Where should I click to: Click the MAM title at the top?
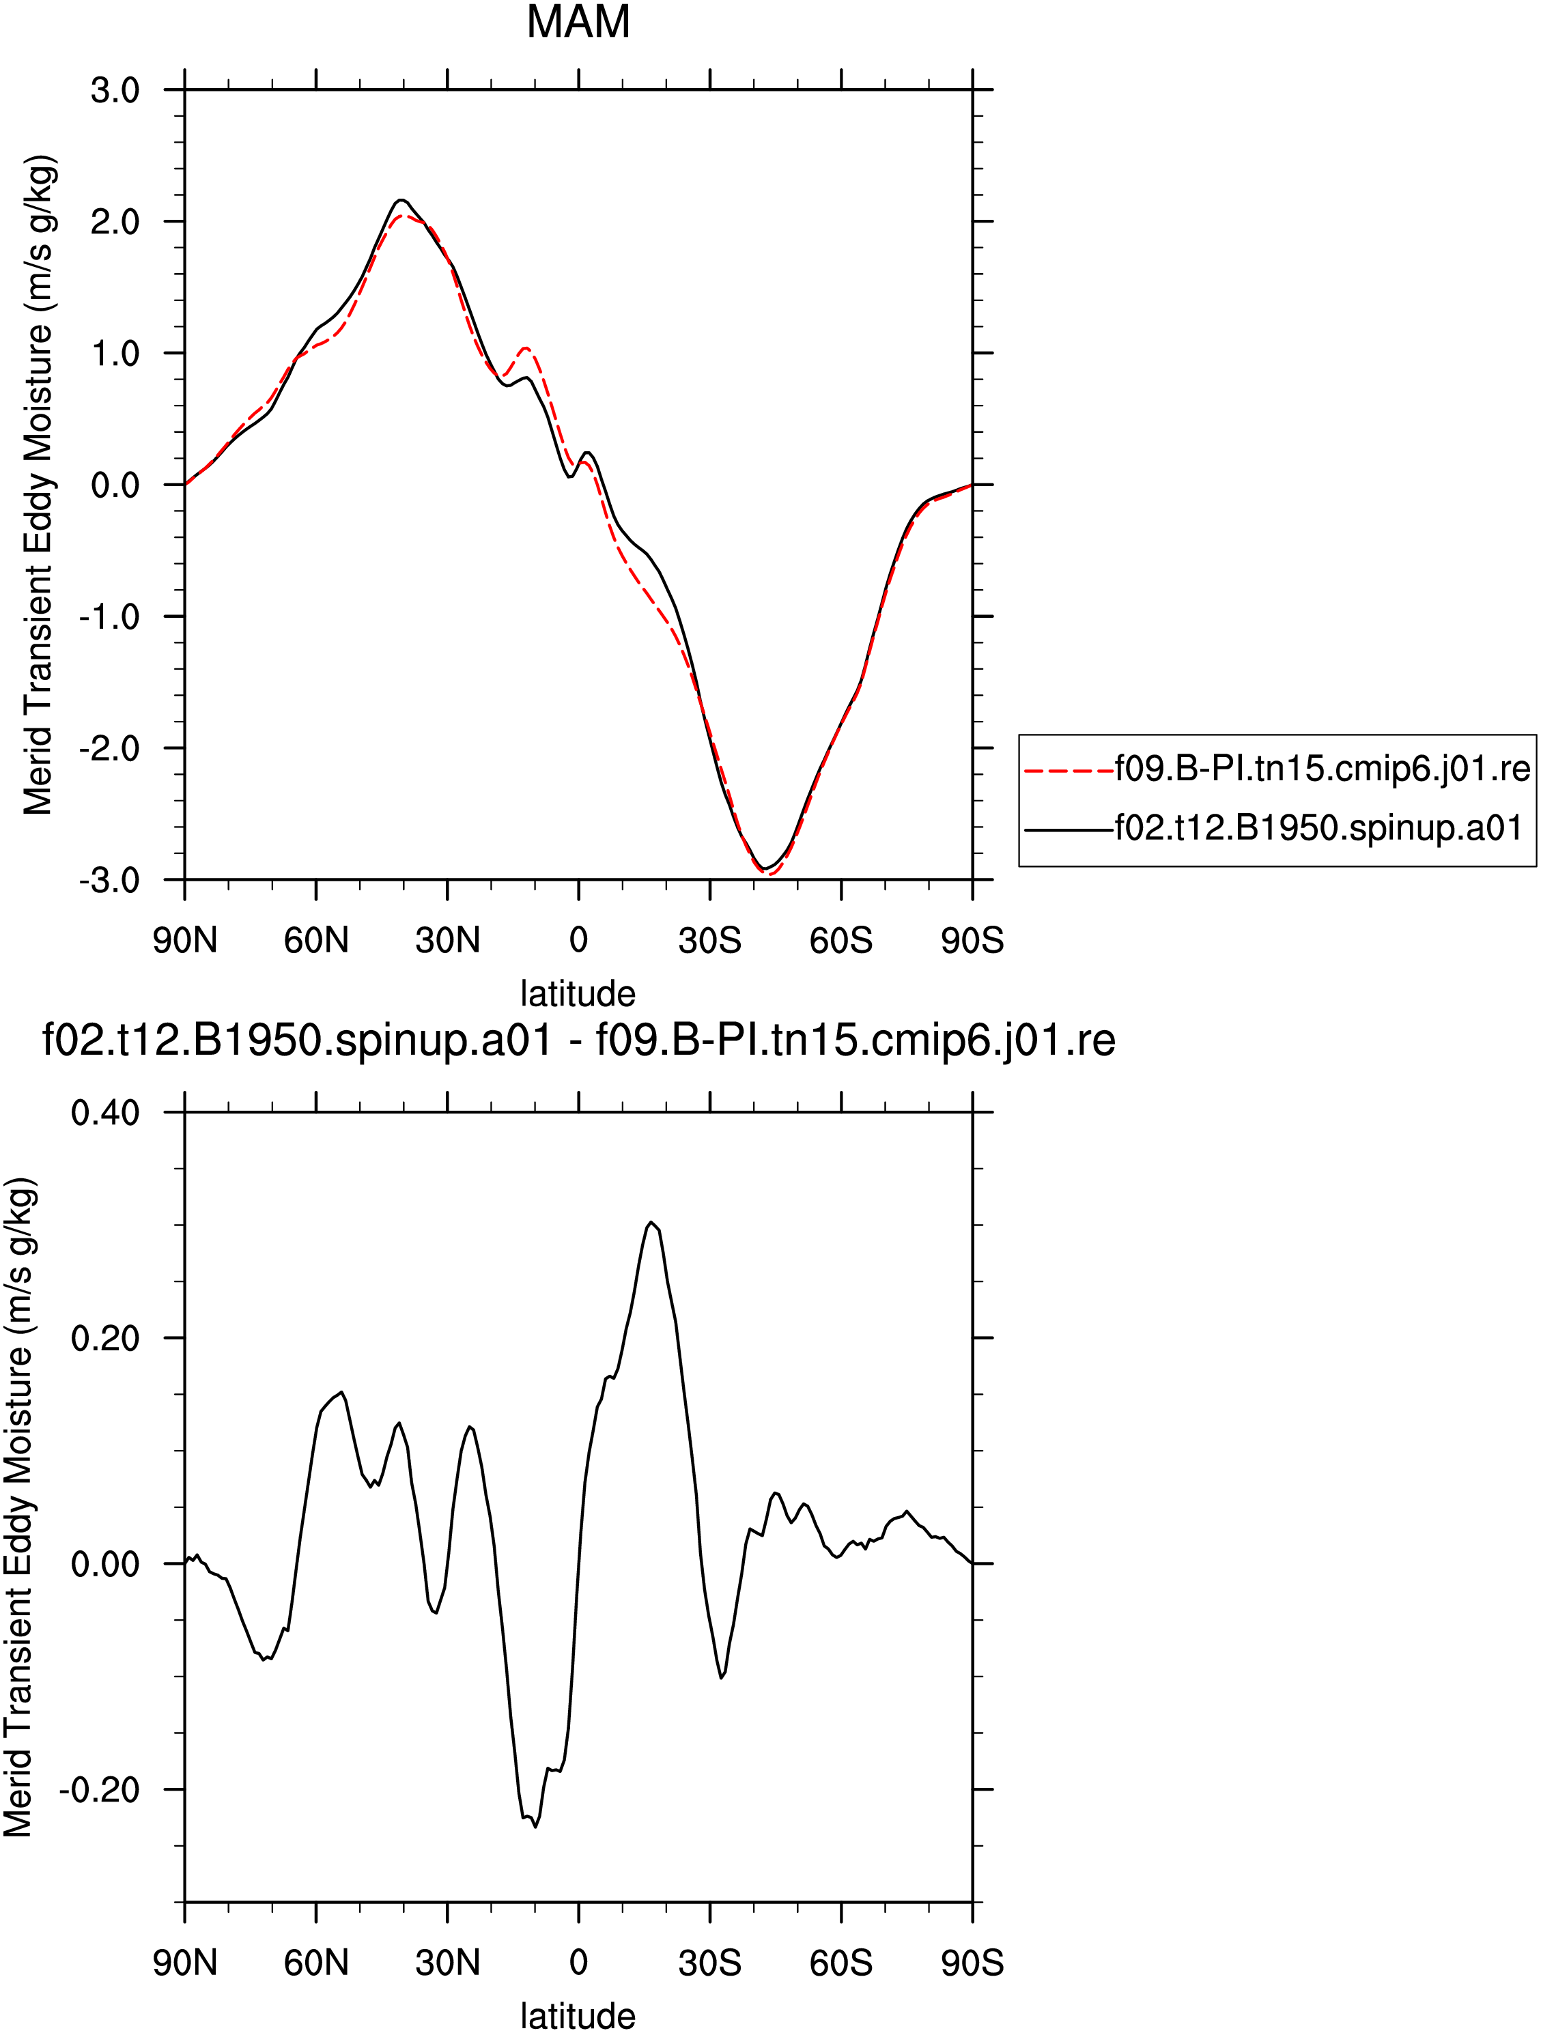578,21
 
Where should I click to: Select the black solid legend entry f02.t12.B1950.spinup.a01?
1273,828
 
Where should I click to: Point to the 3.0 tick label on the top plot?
115,91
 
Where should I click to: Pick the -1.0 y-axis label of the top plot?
109,616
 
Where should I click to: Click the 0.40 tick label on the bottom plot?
106,1113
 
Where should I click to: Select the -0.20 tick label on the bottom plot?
99,1789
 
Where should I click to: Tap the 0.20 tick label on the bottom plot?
106,1338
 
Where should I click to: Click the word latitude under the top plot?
578,993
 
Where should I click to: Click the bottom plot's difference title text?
579,1040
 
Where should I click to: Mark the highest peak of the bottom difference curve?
650,1223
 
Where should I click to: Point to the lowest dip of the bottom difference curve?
535,1827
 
